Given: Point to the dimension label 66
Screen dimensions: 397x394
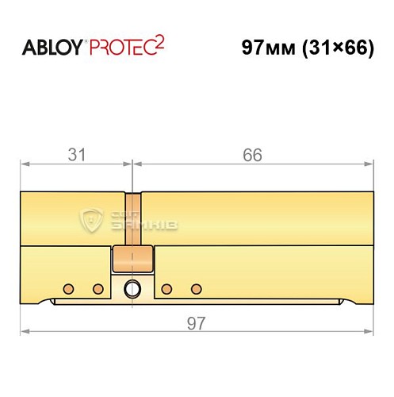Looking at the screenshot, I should click(251, 154).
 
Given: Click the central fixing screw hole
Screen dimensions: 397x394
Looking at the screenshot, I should click(133, 287).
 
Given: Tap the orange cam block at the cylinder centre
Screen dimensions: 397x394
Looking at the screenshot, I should click(132, 259).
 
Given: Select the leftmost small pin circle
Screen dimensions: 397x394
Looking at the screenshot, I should click(69, 287).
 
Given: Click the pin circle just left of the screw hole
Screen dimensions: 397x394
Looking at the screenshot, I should click(98, 287).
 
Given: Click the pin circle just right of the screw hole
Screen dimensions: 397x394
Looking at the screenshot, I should click(167, 287).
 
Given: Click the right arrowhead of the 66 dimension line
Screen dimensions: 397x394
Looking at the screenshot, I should click(369, 165).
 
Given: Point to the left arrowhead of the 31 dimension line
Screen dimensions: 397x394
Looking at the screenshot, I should click(24, 165).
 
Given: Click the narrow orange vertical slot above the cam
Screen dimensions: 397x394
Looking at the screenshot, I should click(132, 219).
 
